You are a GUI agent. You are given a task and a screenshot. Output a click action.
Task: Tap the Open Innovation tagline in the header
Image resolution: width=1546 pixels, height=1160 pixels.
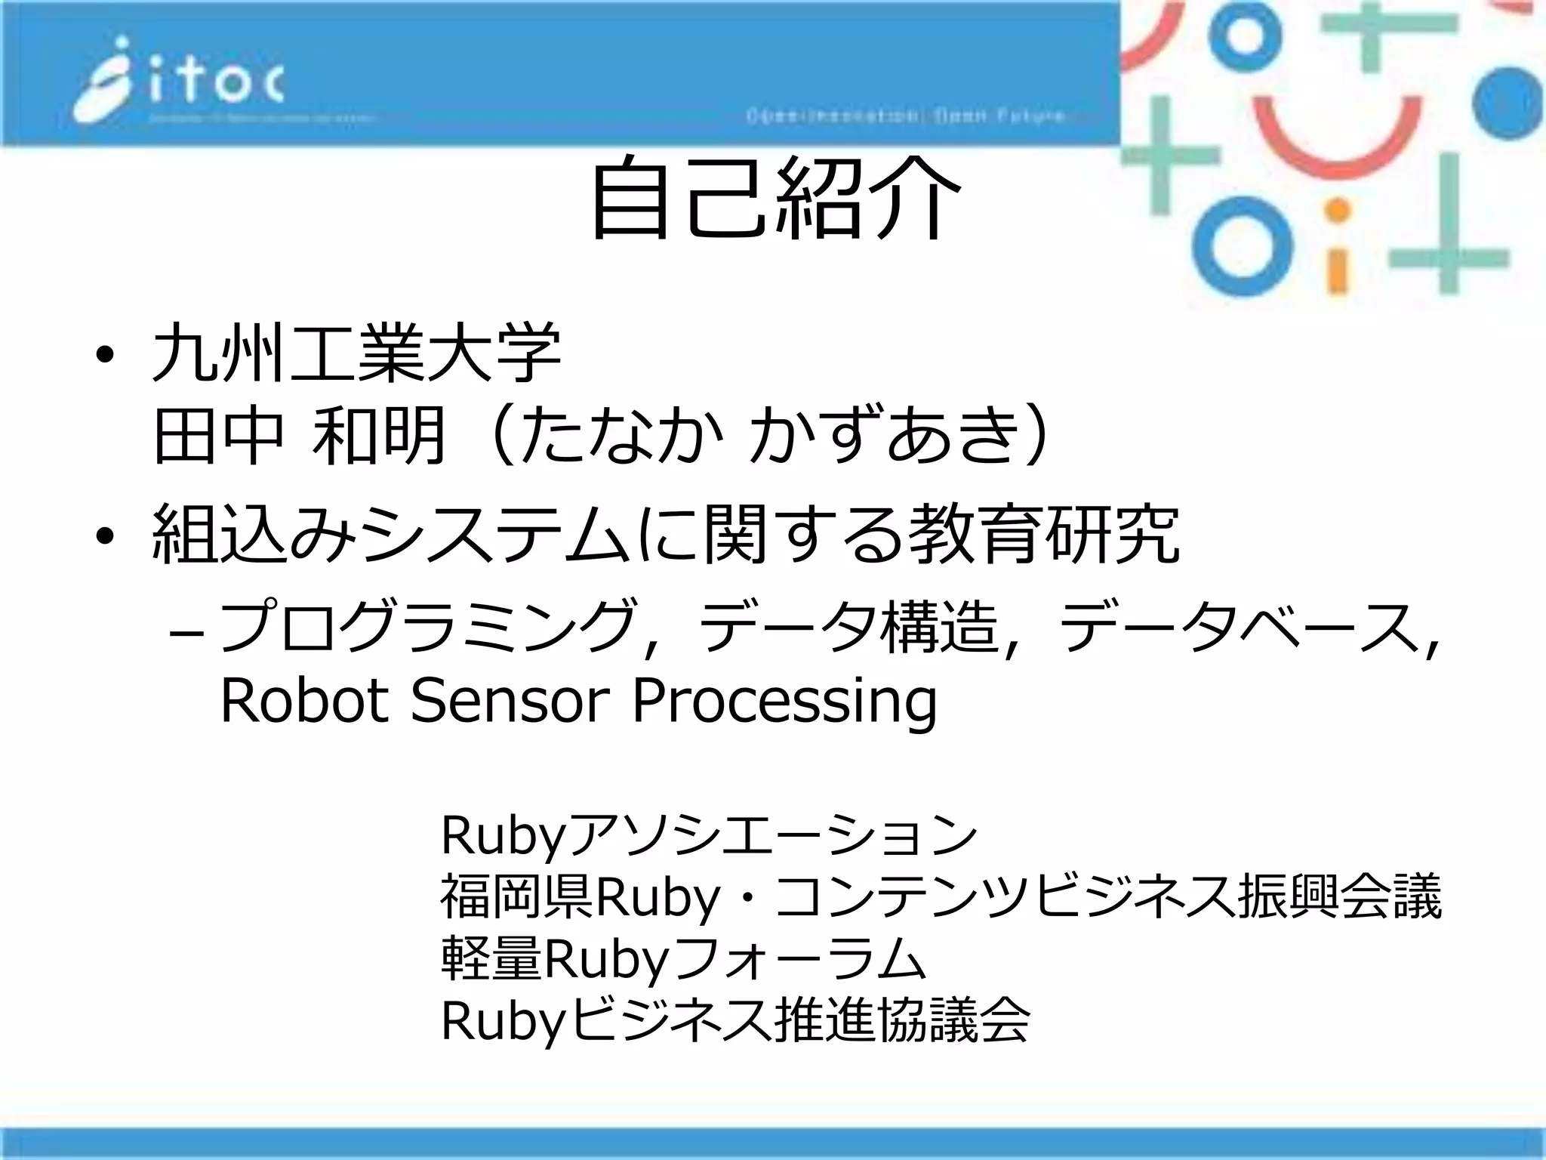pyautogui.click(x=906, y=116)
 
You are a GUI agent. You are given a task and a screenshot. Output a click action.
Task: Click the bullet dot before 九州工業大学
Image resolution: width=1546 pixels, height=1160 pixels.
pyautogui.click(x=105, y=355)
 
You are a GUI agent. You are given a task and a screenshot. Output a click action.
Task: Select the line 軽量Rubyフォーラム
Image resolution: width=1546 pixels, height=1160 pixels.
pyautogui.click(x=683, y=959)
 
